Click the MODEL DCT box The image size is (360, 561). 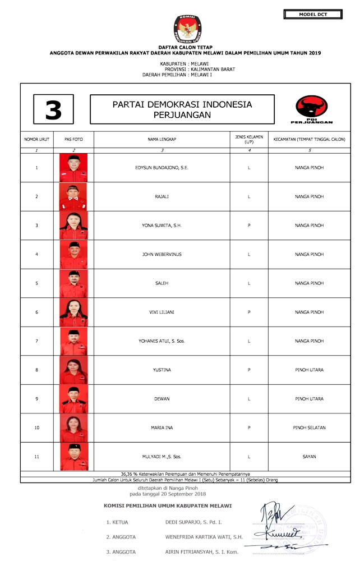point(313,14)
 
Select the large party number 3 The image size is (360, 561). point(53,109)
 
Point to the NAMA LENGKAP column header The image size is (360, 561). point(161,139)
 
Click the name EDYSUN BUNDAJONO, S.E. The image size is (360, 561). point(161,168)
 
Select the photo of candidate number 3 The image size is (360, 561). point(73,226)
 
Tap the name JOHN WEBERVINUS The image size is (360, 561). point(161,255)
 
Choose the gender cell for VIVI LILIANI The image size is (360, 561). point(248,312)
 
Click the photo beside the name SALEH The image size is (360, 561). point(73,283)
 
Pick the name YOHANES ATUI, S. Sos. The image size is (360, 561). point(161,341)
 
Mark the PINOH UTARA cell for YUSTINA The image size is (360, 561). point(309,370)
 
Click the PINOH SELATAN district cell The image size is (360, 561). point(309,428)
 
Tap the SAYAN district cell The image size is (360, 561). point(309,457)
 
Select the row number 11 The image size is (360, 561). point(37,457)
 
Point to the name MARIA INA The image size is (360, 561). point(161,428)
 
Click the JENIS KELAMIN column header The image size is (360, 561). point(248,139)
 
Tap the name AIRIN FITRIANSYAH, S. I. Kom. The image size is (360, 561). point(194,552)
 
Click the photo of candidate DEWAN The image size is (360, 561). point(73,399)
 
